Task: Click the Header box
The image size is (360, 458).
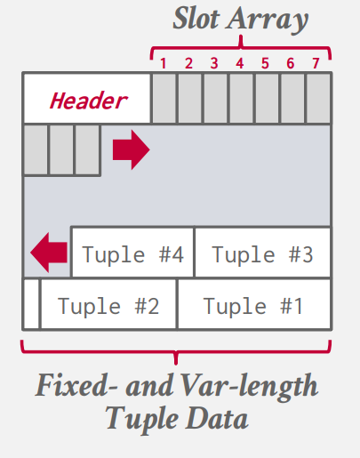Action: click(x=87, y=99)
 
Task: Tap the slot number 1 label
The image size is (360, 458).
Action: click(x=163, y=63)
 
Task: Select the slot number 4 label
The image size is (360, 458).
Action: click(x=240, y=63)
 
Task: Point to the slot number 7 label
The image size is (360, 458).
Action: click(x=316, y=63)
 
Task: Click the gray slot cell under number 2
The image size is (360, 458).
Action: click(x=190, y=98)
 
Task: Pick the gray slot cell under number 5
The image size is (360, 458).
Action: click(x=267, y=98)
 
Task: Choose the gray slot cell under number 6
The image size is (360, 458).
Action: click(x=292, y=98)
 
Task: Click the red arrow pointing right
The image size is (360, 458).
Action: click(x=132, y=149)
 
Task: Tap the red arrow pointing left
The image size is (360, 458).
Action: click(x=49, y=253)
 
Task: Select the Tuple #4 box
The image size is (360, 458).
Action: click(x=132, y=253)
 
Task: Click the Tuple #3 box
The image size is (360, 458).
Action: click(x=263, y=253)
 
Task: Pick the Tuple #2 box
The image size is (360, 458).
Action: click(x=108, y=304)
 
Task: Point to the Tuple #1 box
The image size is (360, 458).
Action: click(x=254, y=304)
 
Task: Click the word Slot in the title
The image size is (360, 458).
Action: click(x=196, y=19)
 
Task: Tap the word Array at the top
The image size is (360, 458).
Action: click(x=268, y=20)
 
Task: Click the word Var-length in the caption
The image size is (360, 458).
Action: click(x=250, y=387)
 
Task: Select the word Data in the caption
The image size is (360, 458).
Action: click(x=217, y=418)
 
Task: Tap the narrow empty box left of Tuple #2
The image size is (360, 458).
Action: click(x=31, y=304)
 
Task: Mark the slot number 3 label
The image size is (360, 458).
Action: click(x=214, y=63)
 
